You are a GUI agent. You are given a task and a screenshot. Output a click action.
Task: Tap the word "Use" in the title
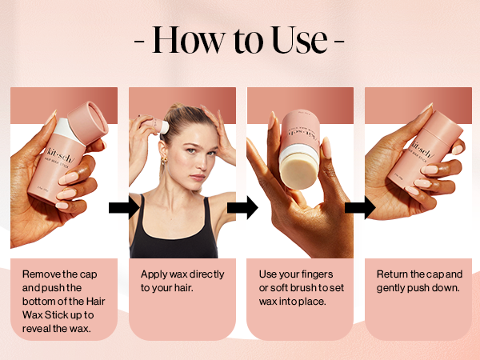point(300,40)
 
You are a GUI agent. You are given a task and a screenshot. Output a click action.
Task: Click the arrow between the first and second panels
point(124,208)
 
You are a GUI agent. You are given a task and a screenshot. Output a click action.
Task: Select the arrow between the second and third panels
point(242,208)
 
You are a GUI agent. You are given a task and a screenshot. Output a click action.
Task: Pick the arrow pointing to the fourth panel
point(360,208)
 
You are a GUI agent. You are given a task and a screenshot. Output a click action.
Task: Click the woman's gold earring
point(164,161)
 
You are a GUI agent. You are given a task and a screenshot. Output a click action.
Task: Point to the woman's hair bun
point(178,107)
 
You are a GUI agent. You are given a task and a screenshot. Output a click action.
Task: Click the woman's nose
point(199,162)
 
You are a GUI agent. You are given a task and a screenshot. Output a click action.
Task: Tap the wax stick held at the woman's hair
point(156,124)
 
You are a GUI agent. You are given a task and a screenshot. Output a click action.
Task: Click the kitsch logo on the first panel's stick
point(60,154)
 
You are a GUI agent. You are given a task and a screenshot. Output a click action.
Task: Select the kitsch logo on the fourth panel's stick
point(422,149)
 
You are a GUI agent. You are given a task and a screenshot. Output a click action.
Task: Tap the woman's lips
point(198,178)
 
